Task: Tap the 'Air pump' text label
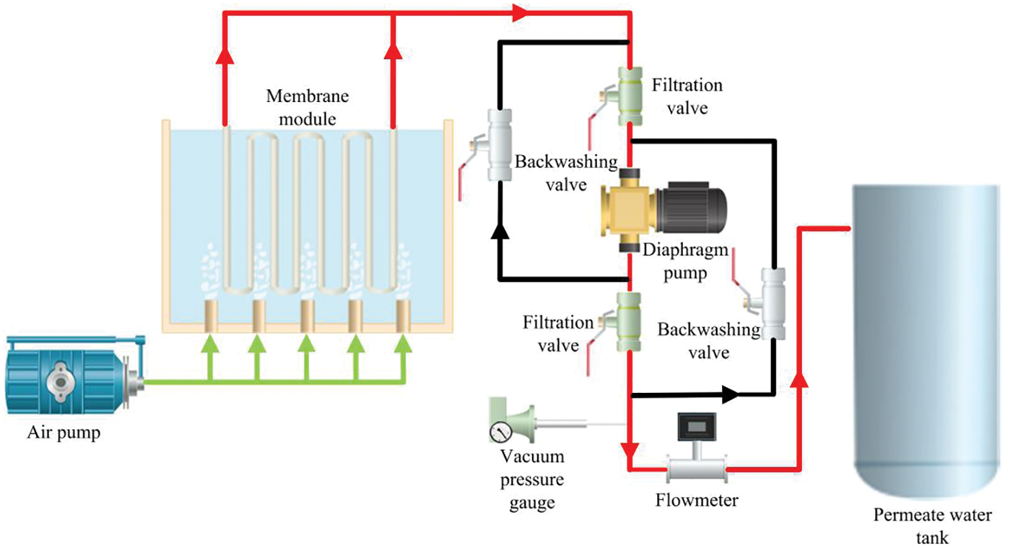click(64, 433)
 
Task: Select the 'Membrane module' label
click(308, 107)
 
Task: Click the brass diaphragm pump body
click(629, 210)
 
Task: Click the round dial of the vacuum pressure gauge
click(500, 432)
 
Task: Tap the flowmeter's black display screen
click(696, 426)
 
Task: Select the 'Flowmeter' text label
click(696, 500)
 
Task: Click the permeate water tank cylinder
click(927, 338)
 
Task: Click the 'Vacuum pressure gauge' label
click(532, 479)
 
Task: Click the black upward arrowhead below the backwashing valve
click(500, 231)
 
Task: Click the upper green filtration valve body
click(629, 95)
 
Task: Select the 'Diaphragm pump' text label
click(686, 262)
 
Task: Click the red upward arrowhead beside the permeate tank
click(799, 379)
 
